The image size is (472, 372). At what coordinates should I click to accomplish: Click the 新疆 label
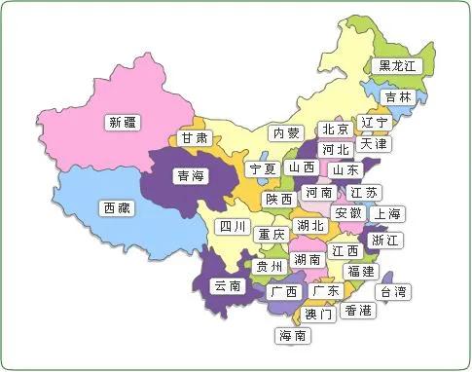pos(124,123)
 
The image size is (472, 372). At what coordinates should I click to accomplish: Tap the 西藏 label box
pos(119,207)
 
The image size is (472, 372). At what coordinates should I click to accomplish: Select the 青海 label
pos(189,176)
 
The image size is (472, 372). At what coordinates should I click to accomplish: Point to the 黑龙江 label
pos(397,66)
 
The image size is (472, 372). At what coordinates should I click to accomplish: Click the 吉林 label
pos(397,97)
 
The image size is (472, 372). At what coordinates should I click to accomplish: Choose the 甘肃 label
pos(195,138)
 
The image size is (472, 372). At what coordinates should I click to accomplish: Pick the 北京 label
pos(336,130)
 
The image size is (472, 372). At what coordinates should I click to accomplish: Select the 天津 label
pos(375,144)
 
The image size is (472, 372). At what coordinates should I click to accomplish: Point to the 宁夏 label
pos(262,168)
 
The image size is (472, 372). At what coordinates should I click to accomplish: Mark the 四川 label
pos(232,228)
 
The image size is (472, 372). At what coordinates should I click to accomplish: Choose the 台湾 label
pos(394,291)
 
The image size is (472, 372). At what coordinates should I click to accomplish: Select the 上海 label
pos(389,214)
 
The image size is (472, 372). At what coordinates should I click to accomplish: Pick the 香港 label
pos(358,311)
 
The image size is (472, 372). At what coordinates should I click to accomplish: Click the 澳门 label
pos(318,315)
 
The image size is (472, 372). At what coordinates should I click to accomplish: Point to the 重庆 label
pos(271,235)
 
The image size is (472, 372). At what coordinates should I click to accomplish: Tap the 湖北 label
pos(311,226)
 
